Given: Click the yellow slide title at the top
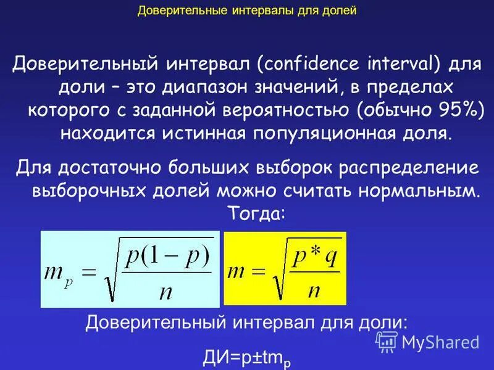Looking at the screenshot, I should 246,10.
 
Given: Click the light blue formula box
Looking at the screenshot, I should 130,269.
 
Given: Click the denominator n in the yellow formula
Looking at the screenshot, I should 314,290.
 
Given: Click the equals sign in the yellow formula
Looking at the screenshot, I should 257,272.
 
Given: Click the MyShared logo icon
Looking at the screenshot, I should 387,341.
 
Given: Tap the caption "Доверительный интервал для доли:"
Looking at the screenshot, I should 246,323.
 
